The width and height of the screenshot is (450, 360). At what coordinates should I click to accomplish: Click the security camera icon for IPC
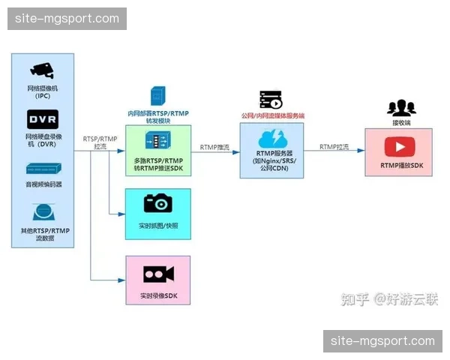click(x=43, y=70)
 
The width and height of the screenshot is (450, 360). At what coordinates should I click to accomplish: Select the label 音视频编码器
click(x=44, y=184)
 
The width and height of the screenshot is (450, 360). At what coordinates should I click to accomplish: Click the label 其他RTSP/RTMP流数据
click(x=44, y=234)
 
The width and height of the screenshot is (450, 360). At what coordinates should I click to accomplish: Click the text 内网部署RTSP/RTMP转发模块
click(x=158, y=118)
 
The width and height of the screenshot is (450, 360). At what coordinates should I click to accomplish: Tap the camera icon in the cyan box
click(x=158, y=202)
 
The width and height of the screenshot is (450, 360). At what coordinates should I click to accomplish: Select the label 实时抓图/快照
click(x=158, y=225)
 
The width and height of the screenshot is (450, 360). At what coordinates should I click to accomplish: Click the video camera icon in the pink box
click(x=158, y=274)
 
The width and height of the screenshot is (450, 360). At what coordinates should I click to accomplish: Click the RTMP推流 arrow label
click(x=214, y=148)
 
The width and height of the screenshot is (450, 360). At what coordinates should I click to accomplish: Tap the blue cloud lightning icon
click(x=271, y=140)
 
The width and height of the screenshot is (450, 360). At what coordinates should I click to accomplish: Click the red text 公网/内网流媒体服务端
click(x=272, y=116)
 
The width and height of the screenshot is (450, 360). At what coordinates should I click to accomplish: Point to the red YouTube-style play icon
click(x=398, y=146)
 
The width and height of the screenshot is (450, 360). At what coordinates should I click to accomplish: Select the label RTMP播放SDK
click(x=398, y=165)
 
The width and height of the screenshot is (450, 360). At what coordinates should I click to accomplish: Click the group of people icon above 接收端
click(x=401, y=107)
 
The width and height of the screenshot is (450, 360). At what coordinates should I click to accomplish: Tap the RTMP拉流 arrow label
click(x=334, y=147)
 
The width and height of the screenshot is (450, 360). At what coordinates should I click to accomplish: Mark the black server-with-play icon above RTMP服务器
click(x=271, y=100)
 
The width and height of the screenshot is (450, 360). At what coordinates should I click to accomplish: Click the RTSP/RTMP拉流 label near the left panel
click(x=100, y=142)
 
